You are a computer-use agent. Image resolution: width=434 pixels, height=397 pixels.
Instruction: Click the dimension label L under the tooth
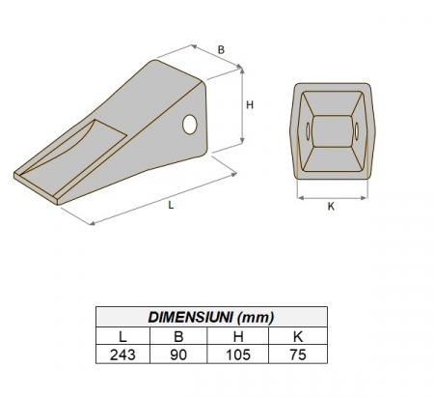pyautogui.click(x=171, y=206)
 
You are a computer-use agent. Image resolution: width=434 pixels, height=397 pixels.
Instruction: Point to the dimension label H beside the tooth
pyautogui.click(x=249, y=106)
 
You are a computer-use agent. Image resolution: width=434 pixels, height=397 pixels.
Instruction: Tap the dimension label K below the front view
pyautogui.click(x=331, y=206)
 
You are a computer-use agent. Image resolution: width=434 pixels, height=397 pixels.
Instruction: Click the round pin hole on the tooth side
pyautogui.click(x=190, y=123)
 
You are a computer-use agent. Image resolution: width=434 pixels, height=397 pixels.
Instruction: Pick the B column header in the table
pyautogui.click(x=179, y=335)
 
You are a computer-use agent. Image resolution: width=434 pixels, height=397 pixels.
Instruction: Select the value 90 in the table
pyautogui.click(x=179, y=354)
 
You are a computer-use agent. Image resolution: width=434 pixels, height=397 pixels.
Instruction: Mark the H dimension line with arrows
pyautogui.click(x=239, y=111)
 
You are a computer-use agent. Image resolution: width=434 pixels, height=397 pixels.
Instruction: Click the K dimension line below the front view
pyautogui.click(x=331, y=196)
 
